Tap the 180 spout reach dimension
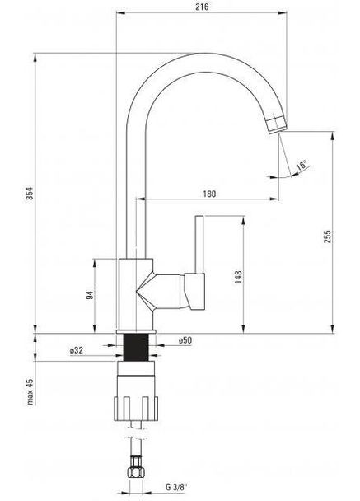209,194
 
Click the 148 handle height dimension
237,278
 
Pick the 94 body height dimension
90,296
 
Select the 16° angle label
302,165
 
